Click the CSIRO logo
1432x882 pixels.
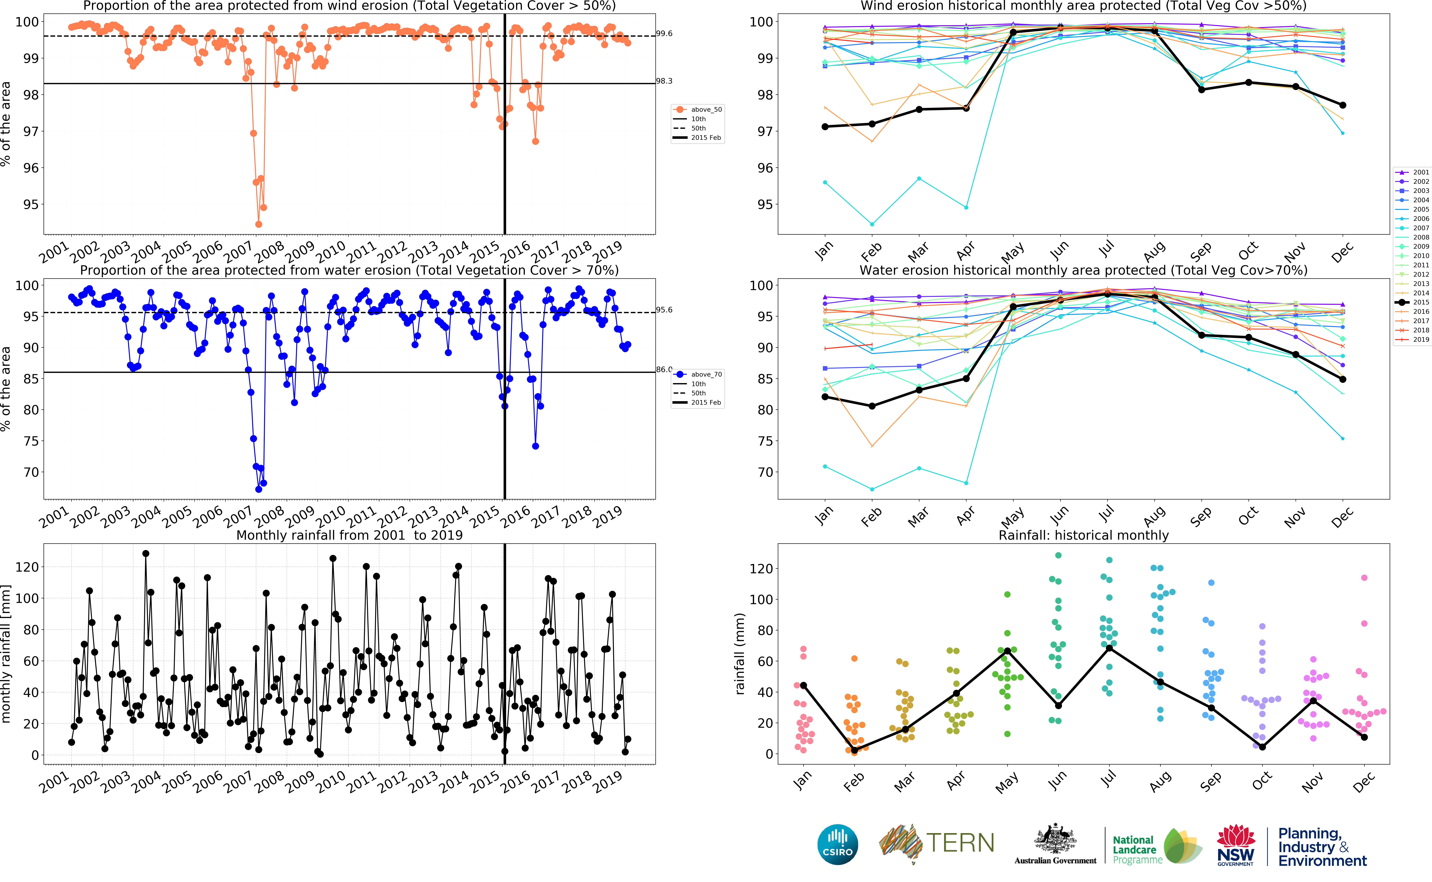coord(838,844)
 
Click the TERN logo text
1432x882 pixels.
coord(960,843)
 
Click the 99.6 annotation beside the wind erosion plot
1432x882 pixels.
coord(664,33)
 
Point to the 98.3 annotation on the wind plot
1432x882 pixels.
coord(664,81)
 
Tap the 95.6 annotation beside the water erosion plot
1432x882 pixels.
coord(664,310)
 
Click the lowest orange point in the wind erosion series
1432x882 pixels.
coord(258,224)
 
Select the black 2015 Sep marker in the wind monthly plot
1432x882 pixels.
coord(1202,90)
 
